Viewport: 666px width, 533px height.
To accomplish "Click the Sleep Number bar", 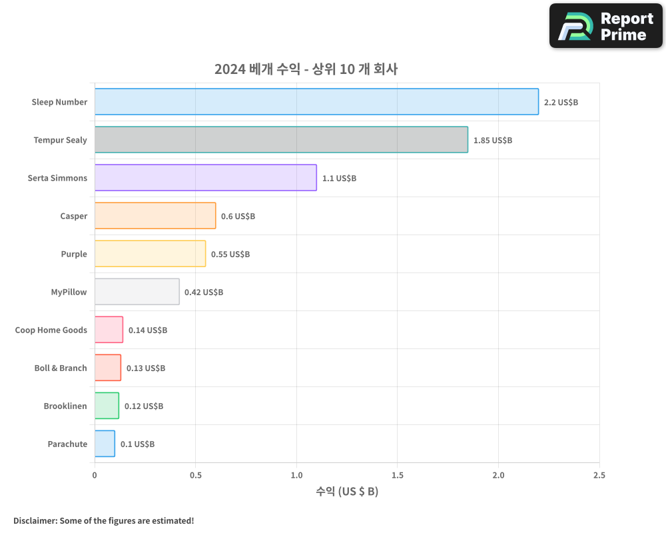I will coord(316,102).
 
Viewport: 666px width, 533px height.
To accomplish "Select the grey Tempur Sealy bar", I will coord(281,140).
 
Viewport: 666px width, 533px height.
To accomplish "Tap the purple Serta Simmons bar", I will coord(205,178).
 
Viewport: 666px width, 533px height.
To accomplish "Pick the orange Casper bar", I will coord(155,216).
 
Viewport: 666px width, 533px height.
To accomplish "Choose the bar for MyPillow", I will coord(137,292).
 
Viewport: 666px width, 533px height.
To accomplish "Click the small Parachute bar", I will coord(105,444).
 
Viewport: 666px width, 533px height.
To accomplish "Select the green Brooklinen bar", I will coord(107,406).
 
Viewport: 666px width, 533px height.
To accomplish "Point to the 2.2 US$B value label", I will coord(561,103).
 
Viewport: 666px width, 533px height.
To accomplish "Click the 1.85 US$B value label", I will coord(492,141).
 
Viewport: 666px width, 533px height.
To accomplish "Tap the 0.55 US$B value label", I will coord(230,255).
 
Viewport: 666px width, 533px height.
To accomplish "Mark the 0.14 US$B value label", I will coord(147,330).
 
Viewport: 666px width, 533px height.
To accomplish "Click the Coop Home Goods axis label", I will coord(51,330).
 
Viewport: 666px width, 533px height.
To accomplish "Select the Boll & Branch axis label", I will coord(61,368).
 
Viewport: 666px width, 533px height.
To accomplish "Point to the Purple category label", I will coord(74,255).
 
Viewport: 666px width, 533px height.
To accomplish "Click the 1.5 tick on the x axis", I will coord(397,475).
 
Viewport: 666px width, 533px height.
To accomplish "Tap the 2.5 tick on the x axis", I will coord(599,475).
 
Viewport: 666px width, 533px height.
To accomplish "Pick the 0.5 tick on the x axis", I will coord(195,475).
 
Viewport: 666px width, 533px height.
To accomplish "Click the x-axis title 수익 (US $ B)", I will coord(347,492).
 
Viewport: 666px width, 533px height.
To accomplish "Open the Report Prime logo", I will coord(605,26).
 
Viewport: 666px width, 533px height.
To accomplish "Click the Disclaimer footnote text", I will coord(103,520).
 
